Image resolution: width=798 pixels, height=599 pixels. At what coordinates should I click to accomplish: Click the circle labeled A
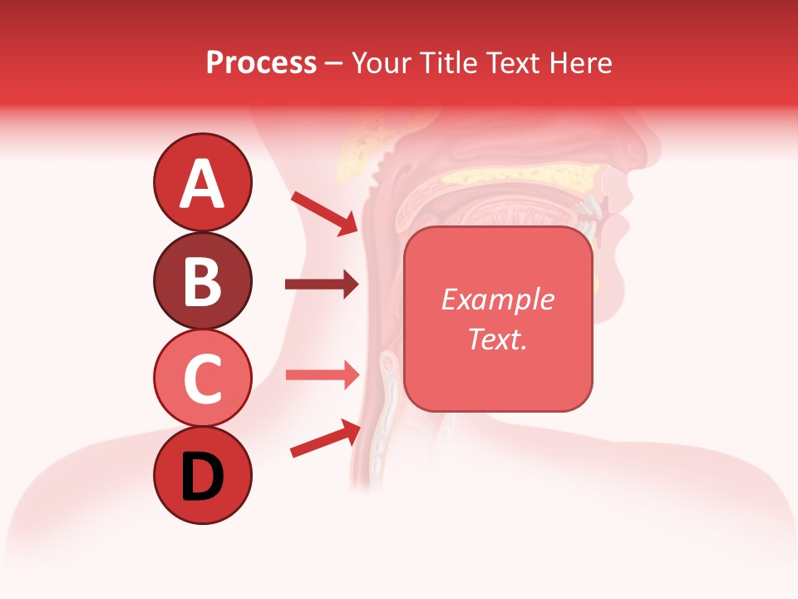click(202, 182)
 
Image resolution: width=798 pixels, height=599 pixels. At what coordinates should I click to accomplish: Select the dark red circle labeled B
click(202, 280)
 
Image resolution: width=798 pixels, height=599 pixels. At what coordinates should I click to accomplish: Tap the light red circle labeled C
click(202, 378)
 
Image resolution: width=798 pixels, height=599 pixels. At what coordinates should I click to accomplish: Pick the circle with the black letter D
click(202, 475)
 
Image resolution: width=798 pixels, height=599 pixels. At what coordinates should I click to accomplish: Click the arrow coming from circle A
click(324, 213)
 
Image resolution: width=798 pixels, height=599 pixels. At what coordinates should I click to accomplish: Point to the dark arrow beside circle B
click(322, 285)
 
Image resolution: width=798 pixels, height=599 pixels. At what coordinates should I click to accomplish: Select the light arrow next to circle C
click(322, 374)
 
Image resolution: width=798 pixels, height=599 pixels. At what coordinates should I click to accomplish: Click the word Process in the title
click(261, 62)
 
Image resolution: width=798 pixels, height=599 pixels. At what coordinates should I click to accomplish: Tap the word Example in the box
click(497, 299)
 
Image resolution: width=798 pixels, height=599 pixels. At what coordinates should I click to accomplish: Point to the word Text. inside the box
click(497, 339)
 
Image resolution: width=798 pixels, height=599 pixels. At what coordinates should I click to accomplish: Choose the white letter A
click(202, 184)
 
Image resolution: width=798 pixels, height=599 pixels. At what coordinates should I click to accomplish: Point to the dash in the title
click(334, 63)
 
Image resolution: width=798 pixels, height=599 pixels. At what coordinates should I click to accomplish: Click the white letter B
click(202, 281)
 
